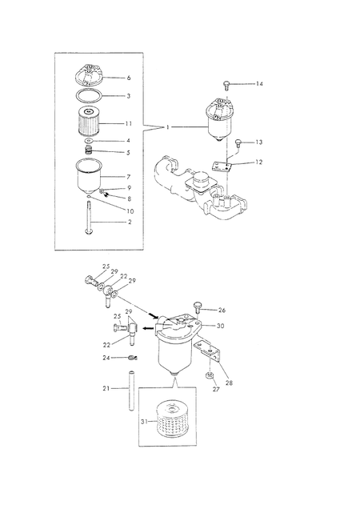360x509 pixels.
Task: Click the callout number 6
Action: (x=129, y=78)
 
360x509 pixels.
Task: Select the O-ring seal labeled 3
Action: (x=89, y=91)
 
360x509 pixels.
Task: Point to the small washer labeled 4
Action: (x=88, y=141)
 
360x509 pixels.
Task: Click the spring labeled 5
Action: (x=88, y=150)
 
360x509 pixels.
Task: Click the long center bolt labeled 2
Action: (x=89, y=218)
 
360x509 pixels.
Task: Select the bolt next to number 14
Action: (x=226, y=86)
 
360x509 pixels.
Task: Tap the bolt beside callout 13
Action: (x=238, y=142)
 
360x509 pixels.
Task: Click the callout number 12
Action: (x=258, y=162)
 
